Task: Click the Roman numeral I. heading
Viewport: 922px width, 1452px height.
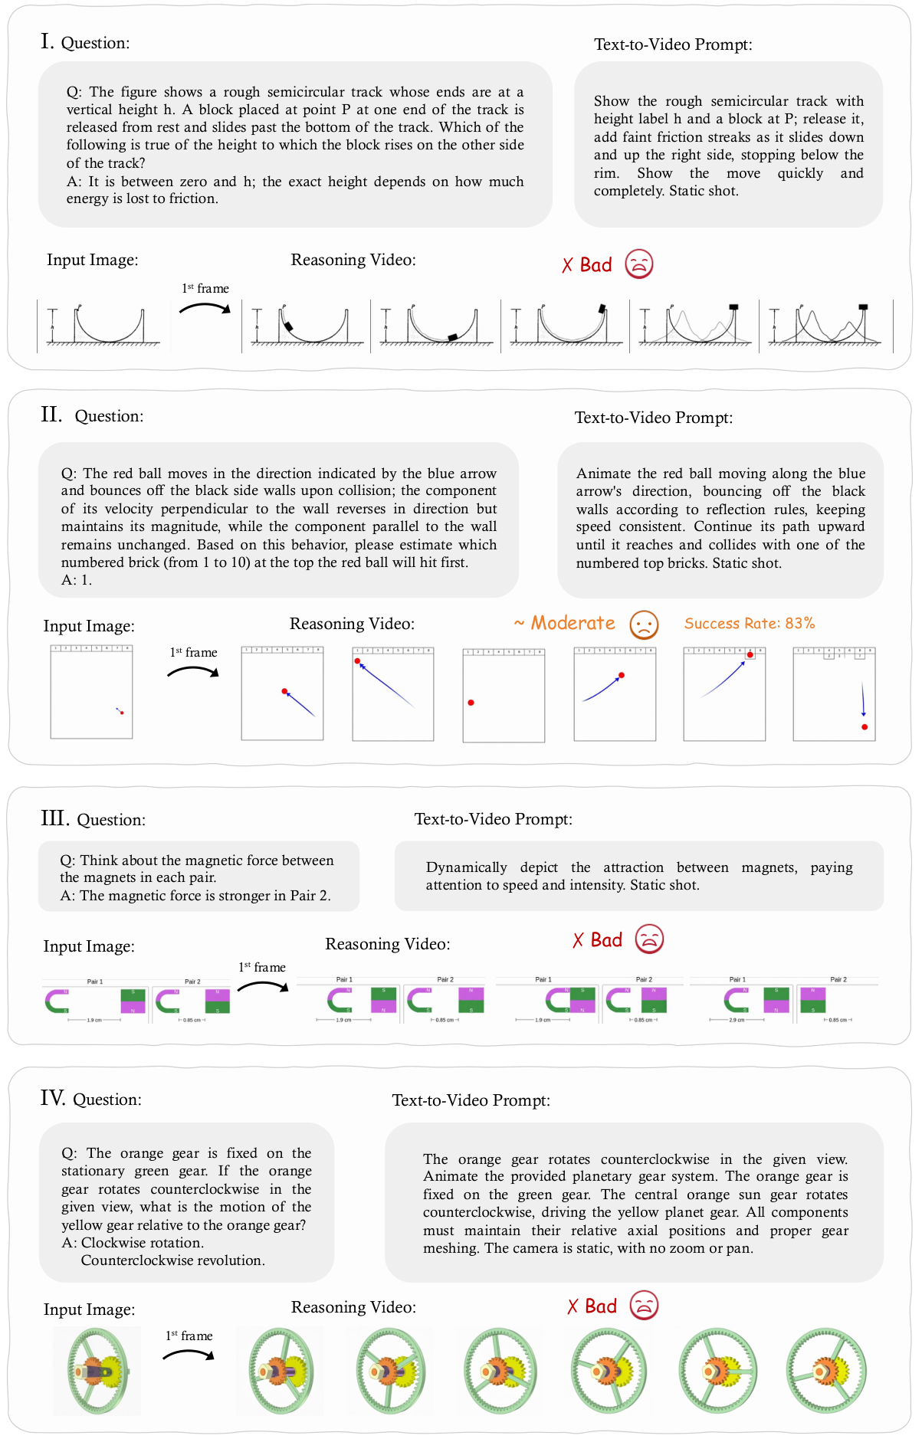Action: tap(48, 41)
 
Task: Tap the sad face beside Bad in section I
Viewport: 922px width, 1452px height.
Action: tap(638, 264)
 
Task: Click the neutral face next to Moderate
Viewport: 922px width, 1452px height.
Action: tap(644, 624)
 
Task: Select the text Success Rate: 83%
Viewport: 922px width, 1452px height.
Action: tap(749, 624)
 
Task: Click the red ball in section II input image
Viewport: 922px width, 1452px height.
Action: tap(122, 713)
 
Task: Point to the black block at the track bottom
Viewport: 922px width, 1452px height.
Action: tap(453, 336)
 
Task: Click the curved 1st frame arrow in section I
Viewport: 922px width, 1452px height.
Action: tap(205, 307)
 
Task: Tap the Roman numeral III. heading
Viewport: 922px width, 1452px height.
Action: tap(54, 818)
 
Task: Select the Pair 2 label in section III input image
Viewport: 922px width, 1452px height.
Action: tap(192, 982)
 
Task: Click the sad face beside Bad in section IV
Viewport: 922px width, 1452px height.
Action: tap(644, 1305)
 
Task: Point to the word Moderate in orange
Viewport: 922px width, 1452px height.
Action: tap(573, 623)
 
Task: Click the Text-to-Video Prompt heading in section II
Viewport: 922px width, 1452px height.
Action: tap(653, 418)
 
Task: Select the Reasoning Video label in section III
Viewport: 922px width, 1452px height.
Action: tap(387, 944)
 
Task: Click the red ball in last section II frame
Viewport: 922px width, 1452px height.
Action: tap(865, 726)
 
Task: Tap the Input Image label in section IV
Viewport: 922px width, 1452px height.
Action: tap(89, 1309)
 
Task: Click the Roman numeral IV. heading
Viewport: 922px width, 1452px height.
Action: tap(53, 1098)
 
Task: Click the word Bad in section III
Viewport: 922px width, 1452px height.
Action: tap(606, 940)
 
